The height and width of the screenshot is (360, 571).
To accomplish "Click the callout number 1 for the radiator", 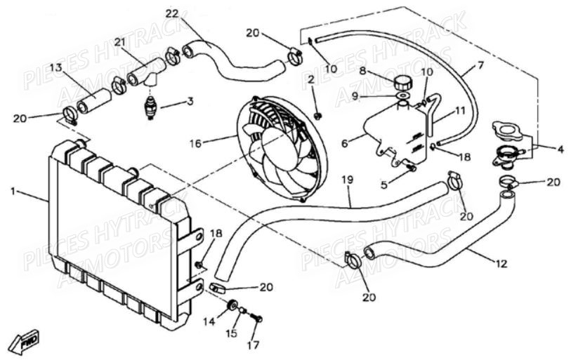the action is (x=13, y=191).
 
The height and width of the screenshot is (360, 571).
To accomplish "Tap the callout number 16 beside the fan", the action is (x=195, y=143).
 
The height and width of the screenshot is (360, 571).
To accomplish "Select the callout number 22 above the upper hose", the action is (x=172, y=14).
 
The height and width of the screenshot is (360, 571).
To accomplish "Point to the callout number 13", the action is (x=56, y=67).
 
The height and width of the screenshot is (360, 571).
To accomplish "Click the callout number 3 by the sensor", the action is (x=190, y=101).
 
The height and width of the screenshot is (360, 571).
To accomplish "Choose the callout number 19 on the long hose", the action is (x=348, y=180).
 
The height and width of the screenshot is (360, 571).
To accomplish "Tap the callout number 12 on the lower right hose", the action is (x=501, y=264).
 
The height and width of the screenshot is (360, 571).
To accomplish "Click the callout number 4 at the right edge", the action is (x=560, y=149).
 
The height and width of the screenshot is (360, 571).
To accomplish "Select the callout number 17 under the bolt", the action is (x=254, y=345).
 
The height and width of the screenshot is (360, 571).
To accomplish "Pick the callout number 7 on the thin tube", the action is (x=480, y=65).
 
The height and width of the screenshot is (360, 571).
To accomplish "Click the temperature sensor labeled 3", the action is (x=150, y=108).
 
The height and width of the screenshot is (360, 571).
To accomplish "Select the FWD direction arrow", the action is (x=25, y=342).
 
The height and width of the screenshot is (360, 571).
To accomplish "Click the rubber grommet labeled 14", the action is (x=232, y=305).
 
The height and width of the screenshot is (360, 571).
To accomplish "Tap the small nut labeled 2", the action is (x=318, y=116).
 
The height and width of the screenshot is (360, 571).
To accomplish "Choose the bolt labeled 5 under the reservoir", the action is (x=411, y=168).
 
